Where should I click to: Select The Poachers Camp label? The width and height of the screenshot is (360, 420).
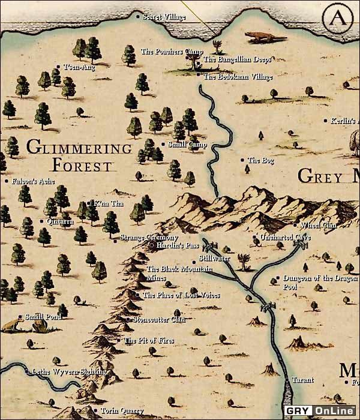[x=172, y=52]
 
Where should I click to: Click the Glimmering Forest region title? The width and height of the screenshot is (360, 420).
[x=79, y=155]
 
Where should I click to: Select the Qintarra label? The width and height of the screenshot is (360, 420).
[x=60, y=221]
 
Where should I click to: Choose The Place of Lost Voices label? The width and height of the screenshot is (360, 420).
[x=181, y=295]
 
